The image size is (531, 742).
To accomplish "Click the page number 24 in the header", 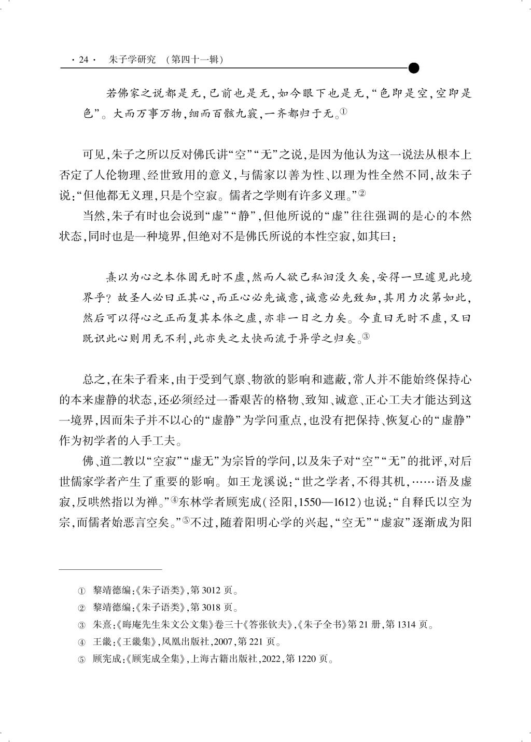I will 85,60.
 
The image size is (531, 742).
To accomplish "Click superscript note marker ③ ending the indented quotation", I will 365,337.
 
